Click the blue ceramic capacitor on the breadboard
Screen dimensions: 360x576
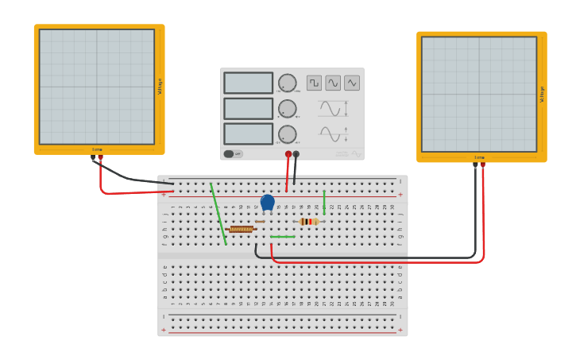(268, 203)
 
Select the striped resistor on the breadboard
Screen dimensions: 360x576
(309, 222)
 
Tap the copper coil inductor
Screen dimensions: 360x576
(241, 229)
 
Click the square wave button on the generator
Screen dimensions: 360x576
(314, 83)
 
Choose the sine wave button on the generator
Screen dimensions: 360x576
(333, 83)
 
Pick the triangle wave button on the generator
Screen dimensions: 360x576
(352, 83)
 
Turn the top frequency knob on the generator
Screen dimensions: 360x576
(287, 83)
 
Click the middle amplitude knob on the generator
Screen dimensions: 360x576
(287, 109)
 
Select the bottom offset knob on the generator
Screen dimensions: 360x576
(287, 134)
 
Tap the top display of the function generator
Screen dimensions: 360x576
(248, 83)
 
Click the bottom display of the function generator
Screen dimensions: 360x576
(248, 134)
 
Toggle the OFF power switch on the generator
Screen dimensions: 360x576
(233, 154)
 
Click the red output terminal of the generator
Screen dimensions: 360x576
(288, 154)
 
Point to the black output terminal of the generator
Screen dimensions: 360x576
(296, 154)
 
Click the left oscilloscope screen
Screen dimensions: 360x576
(97, 87)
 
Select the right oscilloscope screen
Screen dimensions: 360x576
(479, 94)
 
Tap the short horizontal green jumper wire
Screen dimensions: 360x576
(283, 237)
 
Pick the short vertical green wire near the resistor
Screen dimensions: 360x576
(324, 202)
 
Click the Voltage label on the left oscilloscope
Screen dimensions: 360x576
(160, 86)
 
